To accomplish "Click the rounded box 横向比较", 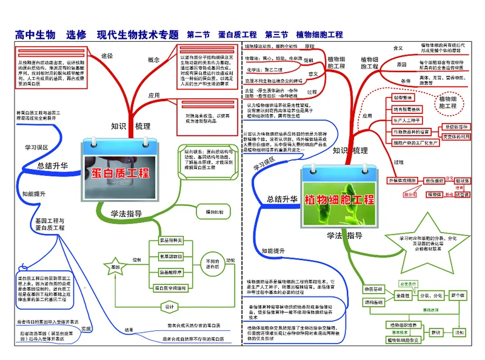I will tap(214, 212).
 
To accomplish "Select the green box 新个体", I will tap(457, 295).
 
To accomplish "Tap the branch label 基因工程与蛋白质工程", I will tap(50, 224).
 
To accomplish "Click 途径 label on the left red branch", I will tap(107, 56).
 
